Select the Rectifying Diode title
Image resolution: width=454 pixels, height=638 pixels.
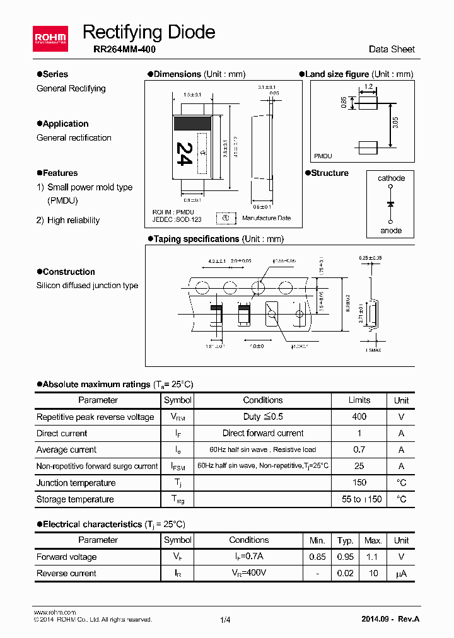pos(149,32)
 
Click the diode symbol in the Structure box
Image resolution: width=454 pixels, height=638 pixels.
pos(391,204)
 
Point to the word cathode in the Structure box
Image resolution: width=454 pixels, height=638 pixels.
pos(391,178)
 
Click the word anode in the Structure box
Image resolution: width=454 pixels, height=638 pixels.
pos(391,230)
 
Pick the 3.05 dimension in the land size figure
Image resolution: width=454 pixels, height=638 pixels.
pos(395,123)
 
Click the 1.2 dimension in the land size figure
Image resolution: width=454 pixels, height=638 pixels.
pos(368,86)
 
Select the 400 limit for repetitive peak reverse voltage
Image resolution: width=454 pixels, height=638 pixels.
pos(359,417)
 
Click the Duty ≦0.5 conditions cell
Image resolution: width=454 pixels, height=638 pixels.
pos(263,417)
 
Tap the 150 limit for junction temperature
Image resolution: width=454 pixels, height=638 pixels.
pos(359,483)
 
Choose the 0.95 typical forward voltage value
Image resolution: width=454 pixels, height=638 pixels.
pos(345,557)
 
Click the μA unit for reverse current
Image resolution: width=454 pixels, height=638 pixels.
pos(401,574)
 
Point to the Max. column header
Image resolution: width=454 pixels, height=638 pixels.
pos(373,540)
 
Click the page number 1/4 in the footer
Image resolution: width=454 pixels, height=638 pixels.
pos(226,620)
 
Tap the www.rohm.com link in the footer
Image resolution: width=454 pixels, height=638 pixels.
pos(54,612)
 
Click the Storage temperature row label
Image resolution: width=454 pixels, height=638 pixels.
pos(75,499)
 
